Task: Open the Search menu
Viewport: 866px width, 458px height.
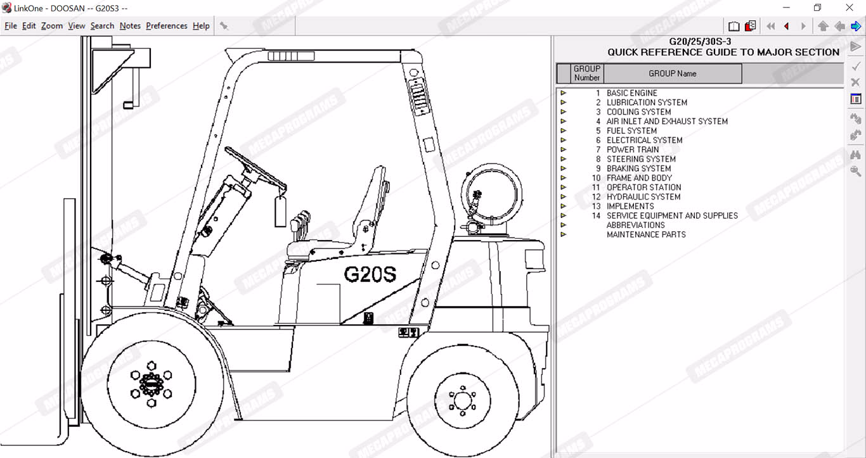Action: pos(102,26)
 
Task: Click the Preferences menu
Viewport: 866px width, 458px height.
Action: pos(166,26)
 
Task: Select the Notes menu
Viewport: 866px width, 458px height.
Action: pos(130,26)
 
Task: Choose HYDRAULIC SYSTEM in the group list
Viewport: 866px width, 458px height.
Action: pos(643,197)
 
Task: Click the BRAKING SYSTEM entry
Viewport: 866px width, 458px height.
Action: pos(638,169)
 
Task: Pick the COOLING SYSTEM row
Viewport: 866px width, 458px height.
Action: pos(638,112)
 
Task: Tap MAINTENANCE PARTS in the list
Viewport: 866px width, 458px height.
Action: pos(646,235)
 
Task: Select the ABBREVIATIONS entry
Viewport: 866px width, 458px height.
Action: pos(636,225)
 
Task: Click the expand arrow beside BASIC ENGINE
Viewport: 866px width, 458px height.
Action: pos(564,93)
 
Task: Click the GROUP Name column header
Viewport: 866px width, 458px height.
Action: pos(672,73)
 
